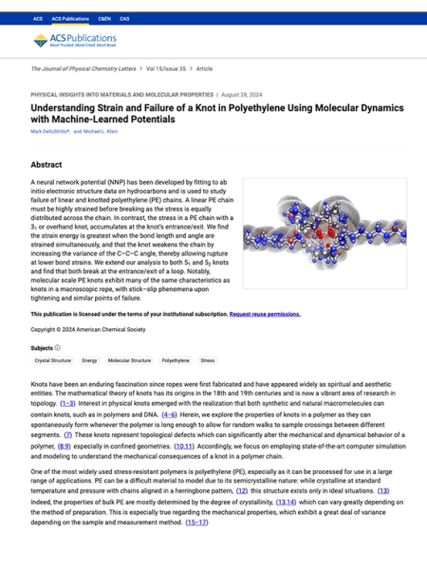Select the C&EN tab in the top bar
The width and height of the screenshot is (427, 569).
pos(103,18)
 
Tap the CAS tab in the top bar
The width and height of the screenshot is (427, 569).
pos(124,18)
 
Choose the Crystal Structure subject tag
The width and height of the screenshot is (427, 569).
pos(52,360)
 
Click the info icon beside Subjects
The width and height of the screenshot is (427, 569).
pos(58,348)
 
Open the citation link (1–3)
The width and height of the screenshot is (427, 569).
pos(68,403)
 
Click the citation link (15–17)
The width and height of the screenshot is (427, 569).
pos(196,523)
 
